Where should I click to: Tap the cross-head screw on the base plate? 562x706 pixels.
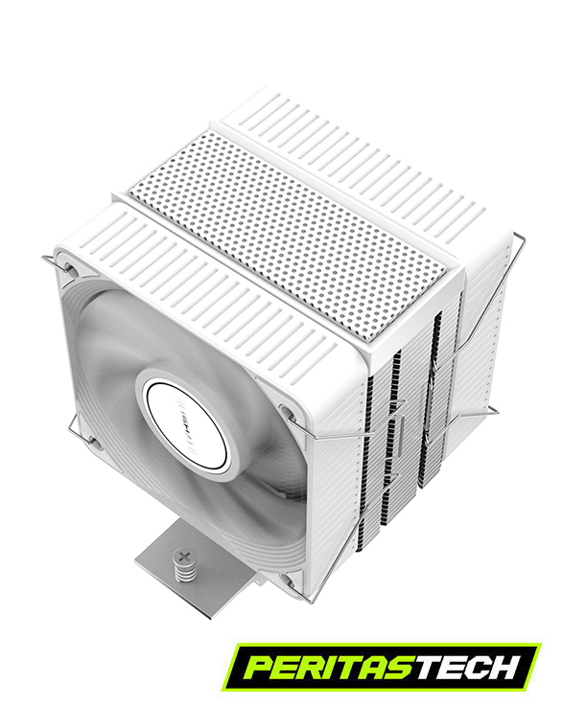tap(184, 556)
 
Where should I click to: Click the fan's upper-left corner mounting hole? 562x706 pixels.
tap(71, 267)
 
